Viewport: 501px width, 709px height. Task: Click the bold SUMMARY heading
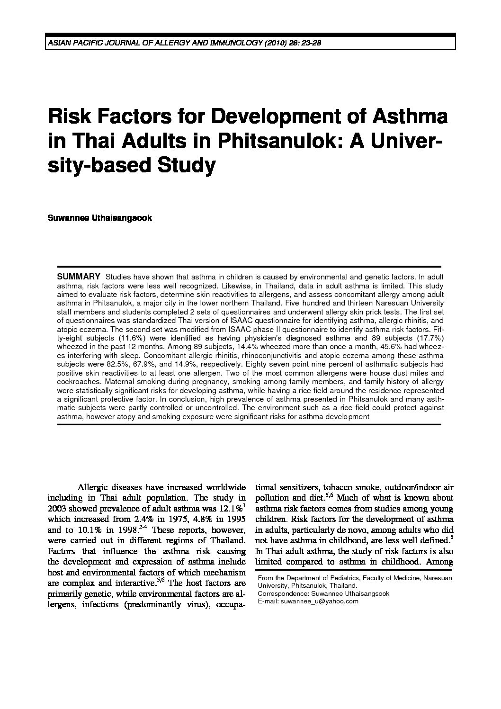pos(78,277)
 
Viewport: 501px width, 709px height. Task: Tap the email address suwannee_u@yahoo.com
pos(319,601)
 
